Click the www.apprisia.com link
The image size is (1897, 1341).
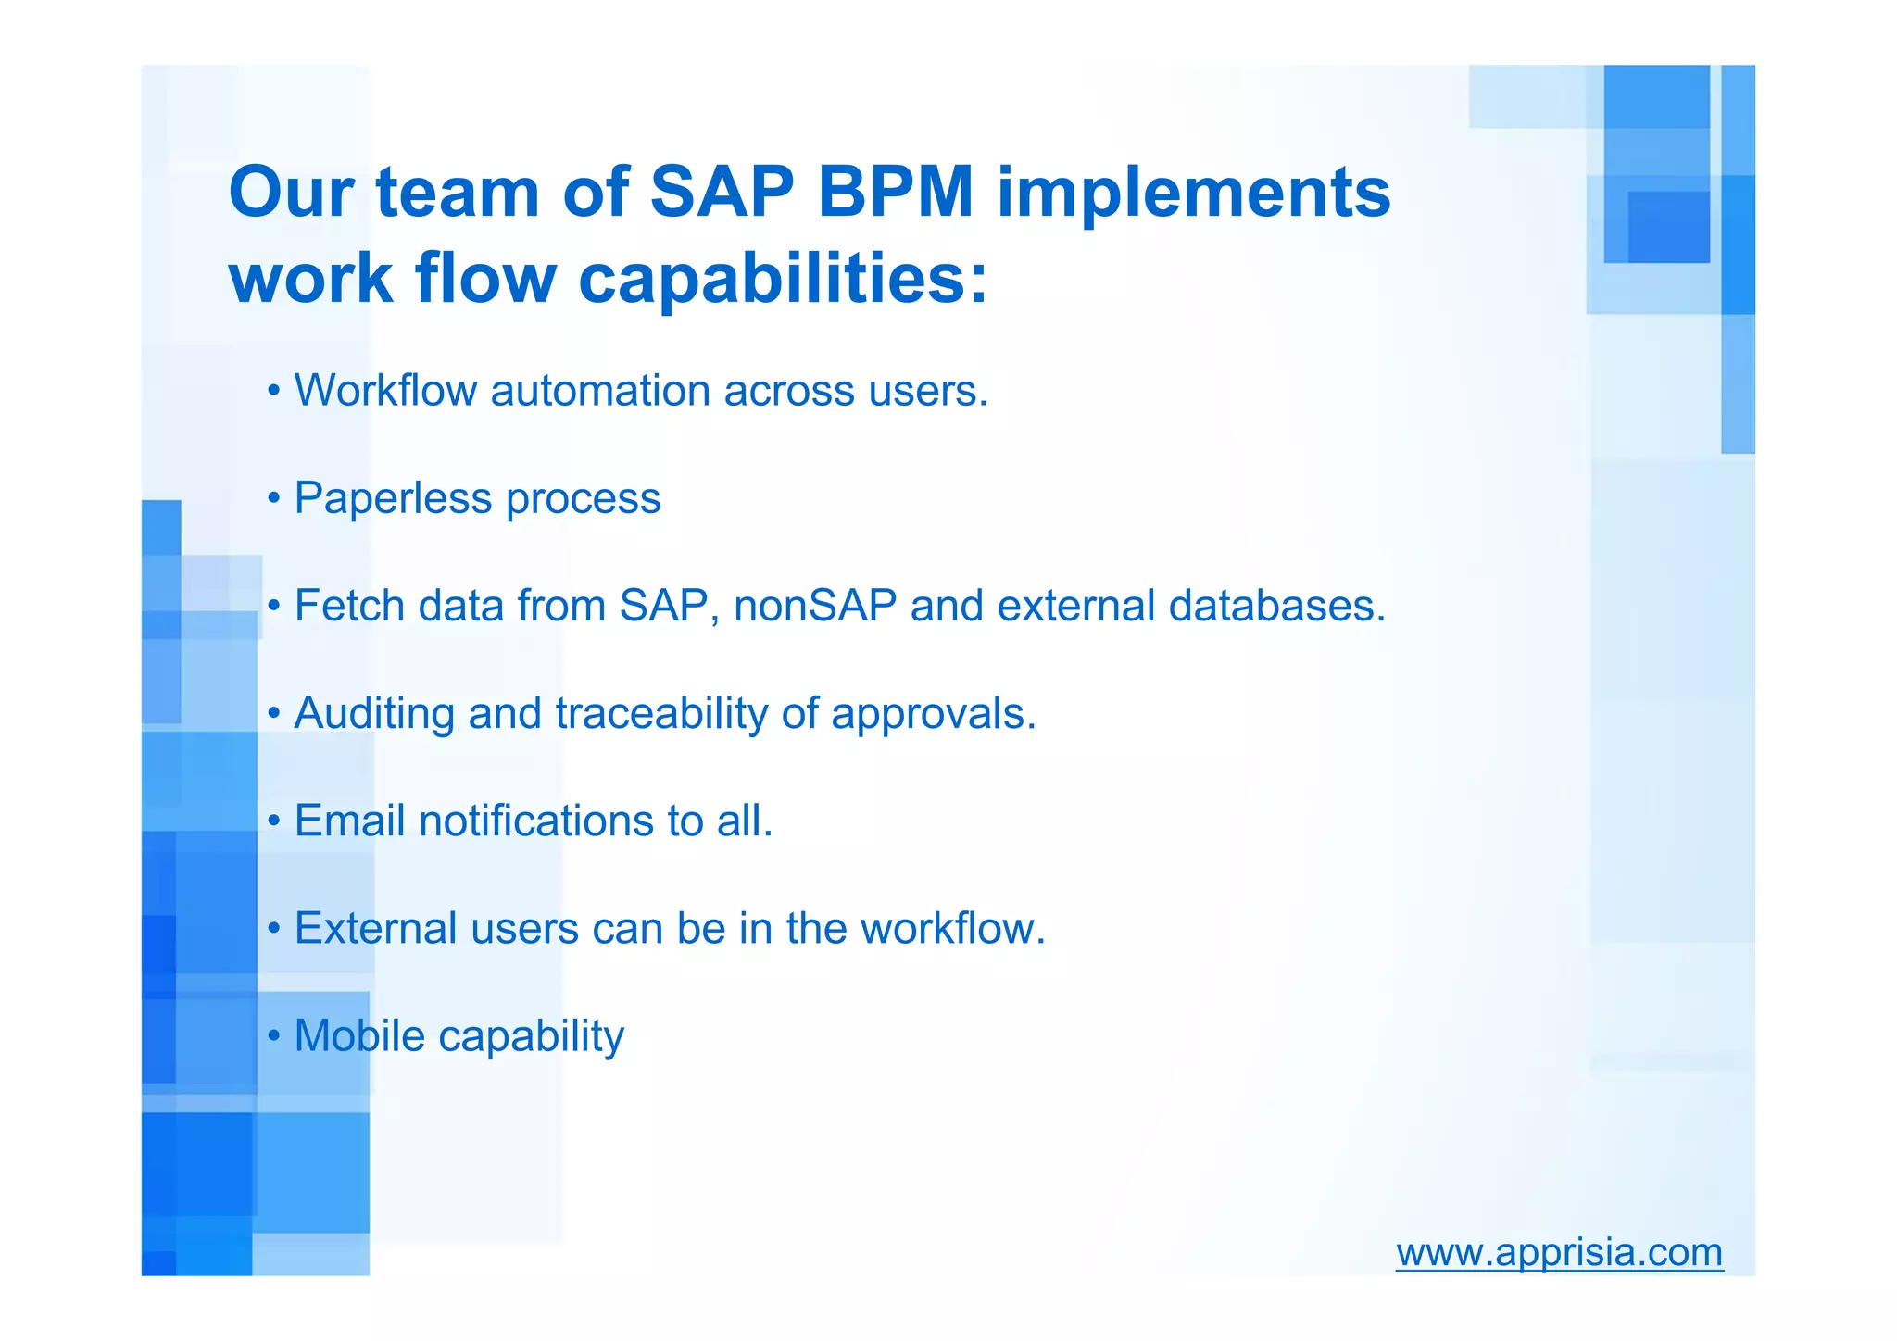pos(1559,1252)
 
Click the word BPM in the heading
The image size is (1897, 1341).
pos(895,193)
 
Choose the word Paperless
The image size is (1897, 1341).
pos(393,498)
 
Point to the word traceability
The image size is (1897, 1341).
pos(660,714)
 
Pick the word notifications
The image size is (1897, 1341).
pos(535,821)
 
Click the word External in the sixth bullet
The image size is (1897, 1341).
pos(375,928)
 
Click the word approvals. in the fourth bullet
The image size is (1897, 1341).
pos(933,714)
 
